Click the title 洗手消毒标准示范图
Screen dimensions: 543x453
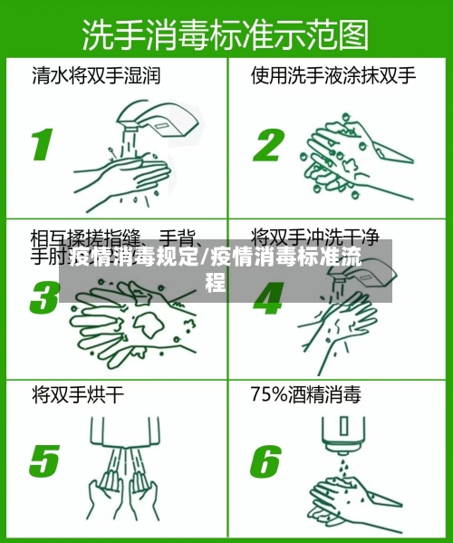pyautogui.click(x=226, y=35)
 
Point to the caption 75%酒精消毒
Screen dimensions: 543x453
pyautogui.click(x=305, y=395)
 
